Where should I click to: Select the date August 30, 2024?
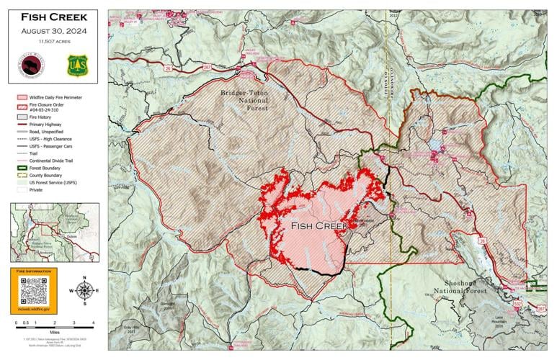tap(54, 31)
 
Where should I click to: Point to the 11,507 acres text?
tap(54, 42)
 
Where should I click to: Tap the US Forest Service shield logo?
tap(77, 66)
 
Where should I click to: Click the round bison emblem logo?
tap(32, 66)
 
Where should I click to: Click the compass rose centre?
tap(84, 290)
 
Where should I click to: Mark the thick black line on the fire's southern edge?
tap(317, 272)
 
